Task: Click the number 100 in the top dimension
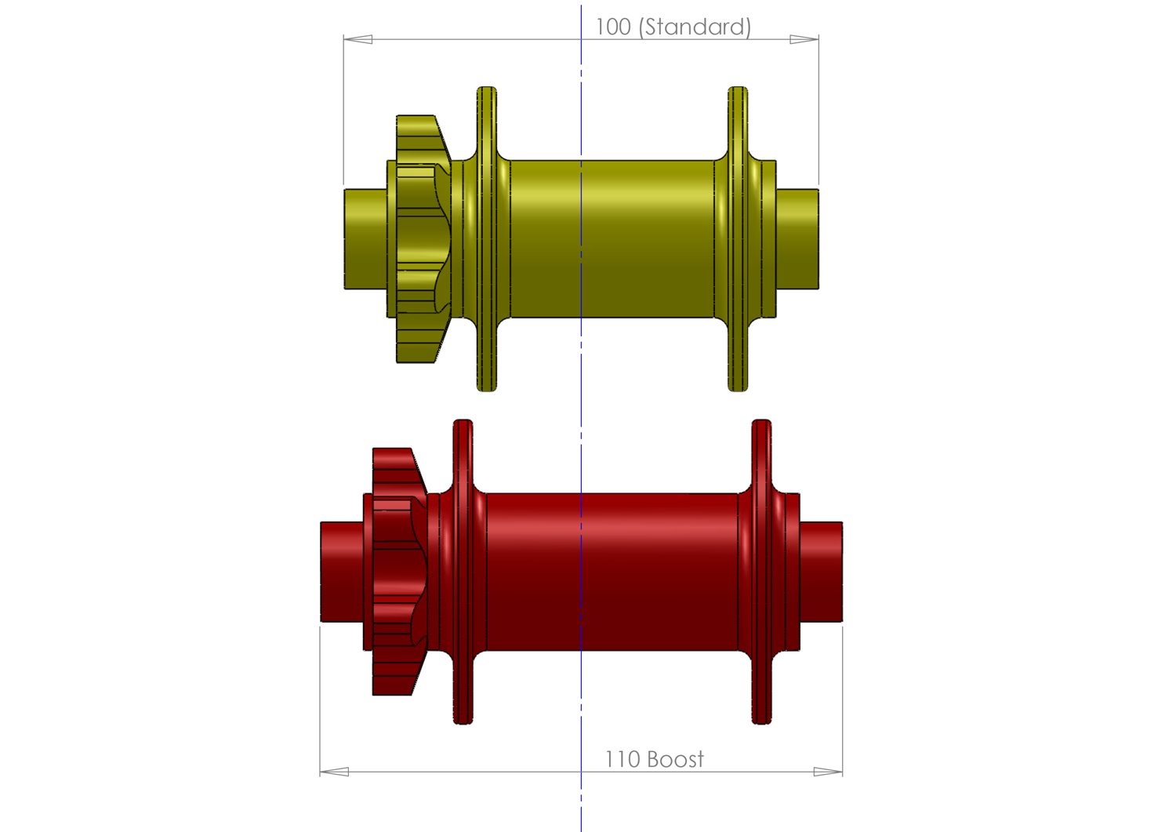[613, 27]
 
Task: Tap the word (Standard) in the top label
[695, 27]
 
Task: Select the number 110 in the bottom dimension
[622, 760]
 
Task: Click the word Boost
[676, 760]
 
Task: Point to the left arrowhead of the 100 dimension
[358, 39]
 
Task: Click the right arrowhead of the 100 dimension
[804, 39]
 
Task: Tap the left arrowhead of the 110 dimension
[335, 772]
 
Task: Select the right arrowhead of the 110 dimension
[828, 772]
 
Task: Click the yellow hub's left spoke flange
[487, 239]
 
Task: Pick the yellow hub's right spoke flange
[738, 239]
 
